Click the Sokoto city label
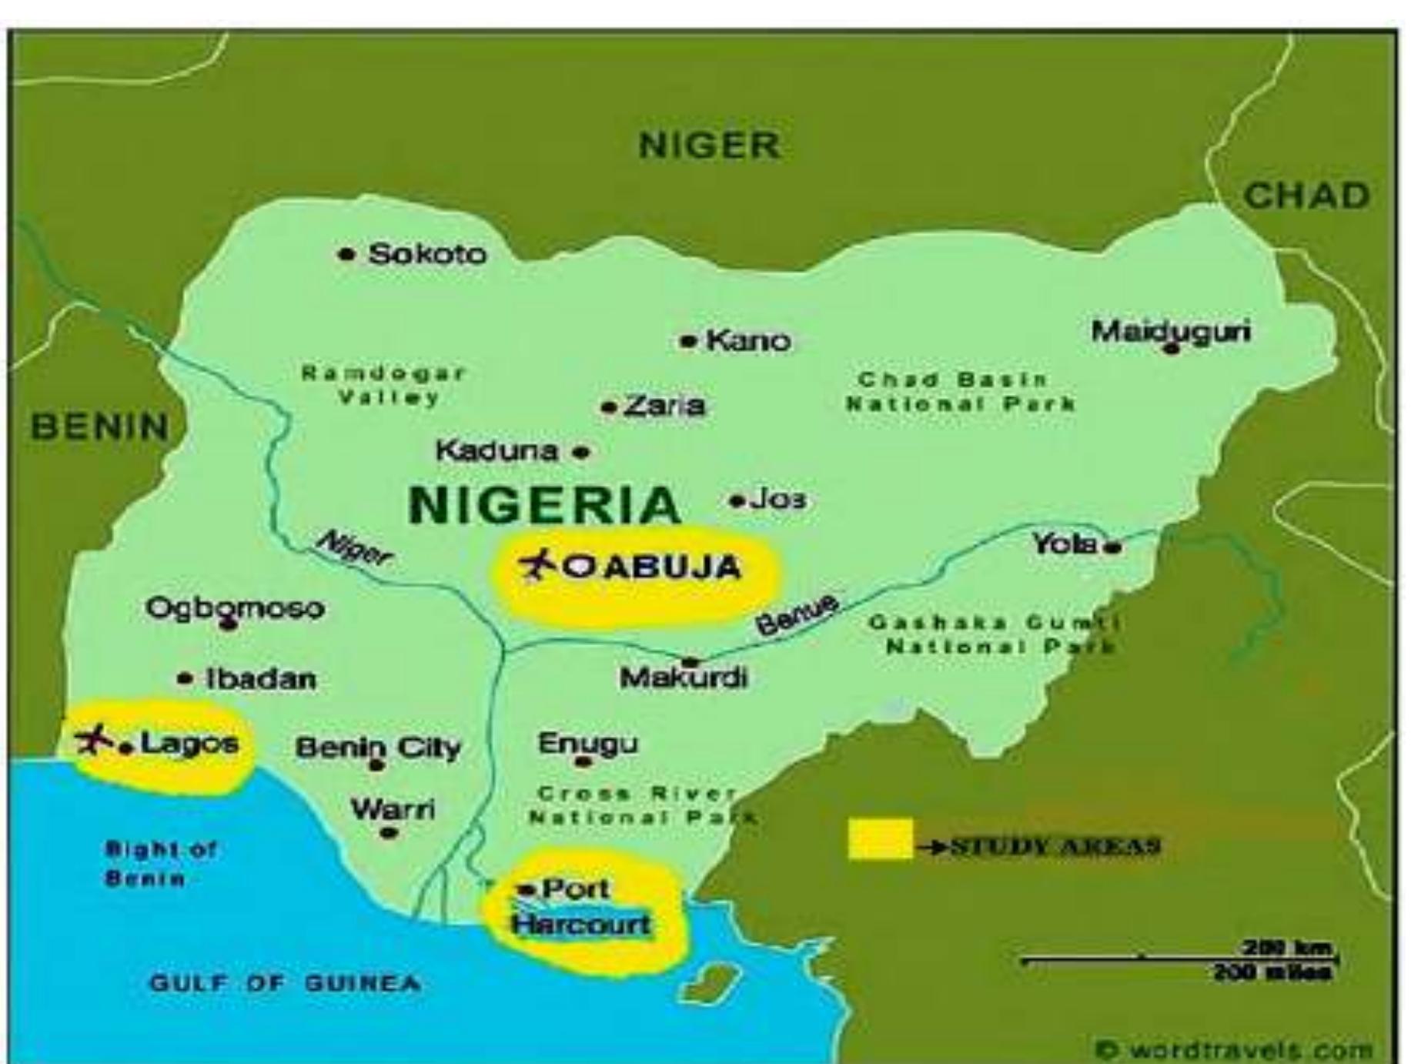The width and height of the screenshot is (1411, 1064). tap(427, 254)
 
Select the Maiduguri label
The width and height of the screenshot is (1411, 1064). tap(1171, 332)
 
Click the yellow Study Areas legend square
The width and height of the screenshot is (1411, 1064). tap(881, 838)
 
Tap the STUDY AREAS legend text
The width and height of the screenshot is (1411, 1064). tap(1055, 846)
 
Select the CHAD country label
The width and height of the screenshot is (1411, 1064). tap(1306, 196)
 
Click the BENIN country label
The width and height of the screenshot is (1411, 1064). tap(100, 426)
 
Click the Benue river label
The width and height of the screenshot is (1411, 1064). tap(797, 614)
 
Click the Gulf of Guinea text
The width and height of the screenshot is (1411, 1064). tap(285, 983)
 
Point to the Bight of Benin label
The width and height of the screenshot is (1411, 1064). tap(160, 863)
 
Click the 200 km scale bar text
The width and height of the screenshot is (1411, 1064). tap(1287, 948)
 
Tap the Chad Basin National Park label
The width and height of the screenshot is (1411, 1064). tap(960, 391)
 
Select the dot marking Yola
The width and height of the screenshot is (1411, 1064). tap(1112, 548)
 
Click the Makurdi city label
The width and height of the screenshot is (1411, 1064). tap(684, 678)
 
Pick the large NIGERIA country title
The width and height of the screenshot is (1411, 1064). tap(545, 504)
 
